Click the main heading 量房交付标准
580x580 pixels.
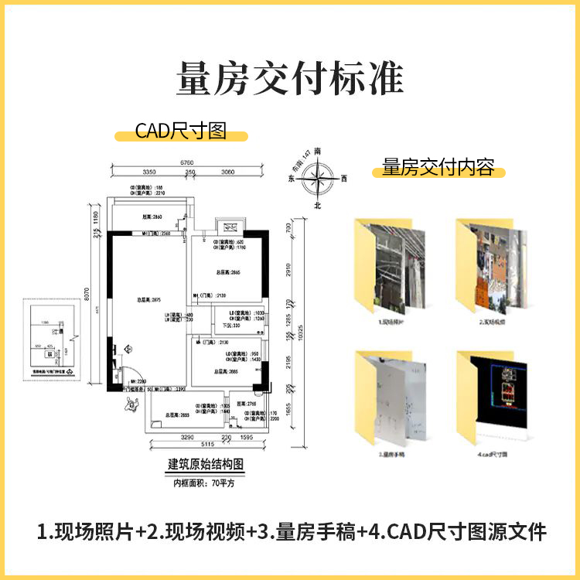click(290, 79)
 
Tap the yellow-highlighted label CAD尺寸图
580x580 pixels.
click(181, 131)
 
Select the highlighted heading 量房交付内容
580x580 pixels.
click(438, 168)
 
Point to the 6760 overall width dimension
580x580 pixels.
click(187, 162)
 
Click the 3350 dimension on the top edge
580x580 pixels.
click(150, 172)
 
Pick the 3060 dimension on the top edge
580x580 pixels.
click(227, 172)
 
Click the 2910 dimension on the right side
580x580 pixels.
click(287, 269)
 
